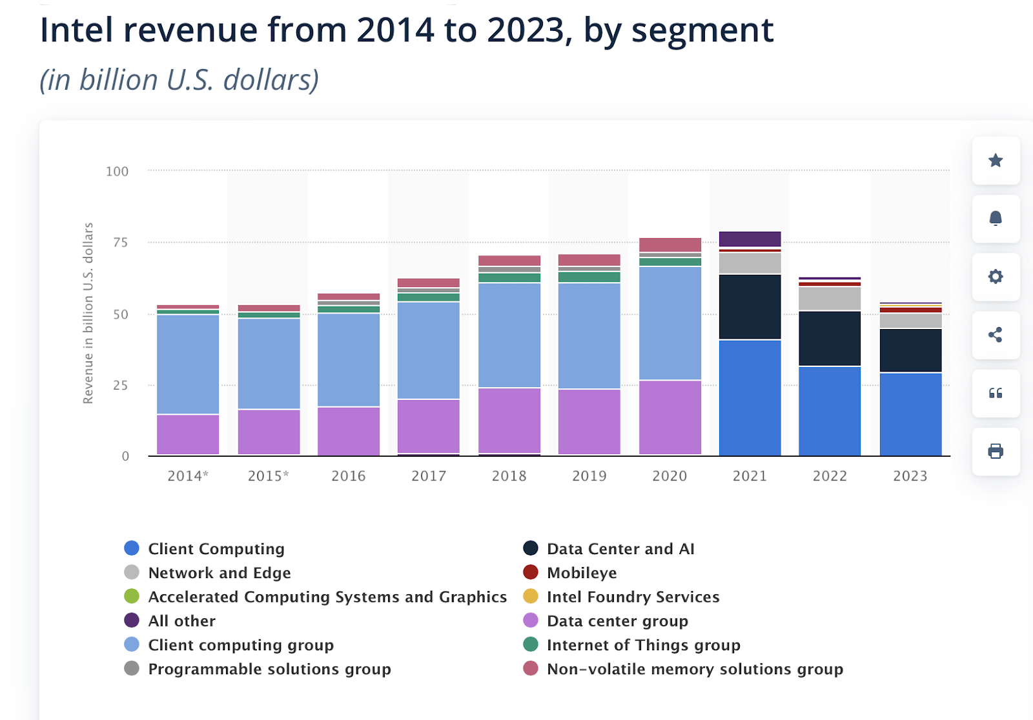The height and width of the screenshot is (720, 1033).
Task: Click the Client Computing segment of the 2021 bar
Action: click(x=750, y=397)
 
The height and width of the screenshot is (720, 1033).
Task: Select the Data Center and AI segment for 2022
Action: click(x=830, y=339)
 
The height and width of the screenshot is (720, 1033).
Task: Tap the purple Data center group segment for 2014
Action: click(x=188, y=434)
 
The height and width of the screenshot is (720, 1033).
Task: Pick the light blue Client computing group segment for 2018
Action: click(x=509, y=335)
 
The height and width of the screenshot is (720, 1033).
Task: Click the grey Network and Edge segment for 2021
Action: click(x=750, y=263)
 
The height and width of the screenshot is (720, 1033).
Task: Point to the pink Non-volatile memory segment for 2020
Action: click(x=670, y=245)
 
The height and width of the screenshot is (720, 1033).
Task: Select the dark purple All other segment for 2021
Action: click(x=750, y=239)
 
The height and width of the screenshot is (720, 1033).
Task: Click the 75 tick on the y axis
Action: click(x=120, y=243)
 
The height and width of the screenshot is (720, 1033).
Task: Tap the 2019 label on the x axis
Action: click(x=589, y=476)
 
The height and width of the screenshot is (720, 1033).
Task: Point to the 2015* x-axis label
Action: click(x=268, y=476)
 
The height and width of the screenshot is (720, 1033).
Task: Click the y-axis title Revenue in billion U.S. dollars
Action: click(x=88, y=314)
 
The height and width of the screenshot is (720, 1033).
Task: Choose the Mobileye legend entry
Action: click(x=581, y=573)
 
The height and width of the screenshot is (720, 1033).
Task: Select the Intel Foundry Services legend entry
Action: click(x=632, y=597)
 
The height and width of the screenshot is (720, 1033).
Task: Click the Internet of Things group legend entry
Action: click(x=642, y=645)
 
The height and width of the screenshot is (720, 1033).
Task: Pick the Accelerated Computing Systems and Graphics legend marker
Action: click(x=132, y=597)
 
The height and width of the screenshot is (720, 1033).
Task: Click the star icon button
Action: click(x=996, y=161)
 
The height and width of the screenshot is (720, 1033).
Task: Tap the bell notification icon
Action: click(x=996, y=219)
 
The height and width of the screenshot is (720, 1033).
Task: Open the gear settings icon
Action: click(x=996, y=277)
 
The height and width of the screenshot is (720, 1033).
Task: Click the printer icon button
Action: click(x=996, y=451)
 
